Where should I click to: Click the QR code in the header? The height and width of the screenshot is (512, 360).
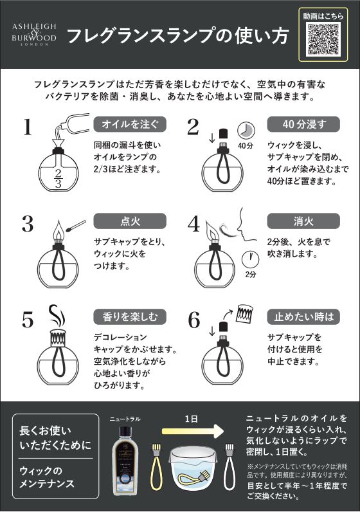click(323, 39)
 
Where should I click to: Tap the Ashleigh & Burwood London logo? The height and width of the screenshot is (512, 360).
click(34, 34)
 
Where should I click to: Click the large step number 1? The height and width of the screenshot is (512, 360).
click(28, 127)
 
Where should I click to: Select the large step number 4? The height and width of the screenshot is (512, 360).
click(194, 224)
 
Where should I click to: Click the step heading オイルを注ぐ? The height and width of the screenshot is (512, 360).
click(130, 124)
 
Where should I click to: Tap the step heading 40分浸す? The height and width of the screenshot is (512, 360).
click(303, 124)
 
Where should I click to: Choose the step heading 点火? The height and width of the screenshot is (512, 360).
click(130, 221)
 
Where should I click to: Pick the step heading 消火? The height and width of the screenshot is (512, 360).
click(303, 221)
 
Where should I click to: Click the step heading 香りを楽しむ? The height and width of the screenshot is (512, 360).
click(130, 316)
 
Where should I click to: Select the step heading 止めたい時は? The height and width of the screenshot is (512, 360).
click(303, 316)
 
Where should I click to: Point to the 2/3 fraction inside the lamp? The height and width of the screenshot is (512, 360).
click(58, 178)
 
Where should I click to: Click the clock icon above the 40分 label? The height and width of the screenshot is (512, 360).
click(246, 131)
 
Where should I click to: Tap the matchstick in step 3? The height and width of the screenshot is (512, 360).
click(76, 226)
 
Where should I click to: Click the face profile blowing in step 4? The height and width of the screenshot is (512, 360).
click(246, 225)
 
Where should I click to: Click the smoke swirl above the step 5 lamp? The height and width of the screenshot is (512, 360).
click(58, 316)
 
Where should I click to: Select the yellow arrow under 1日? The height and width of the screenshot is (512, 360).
click(193, 432)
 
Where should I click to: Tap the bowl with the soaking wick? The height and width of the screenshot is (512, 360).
click(193, 468)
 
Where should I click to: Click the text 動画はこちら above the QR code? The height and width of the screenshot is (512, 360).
click(323, 15)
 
